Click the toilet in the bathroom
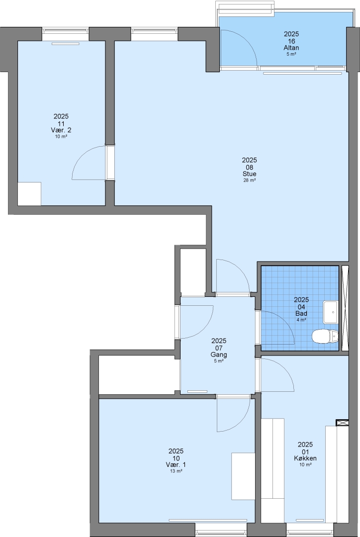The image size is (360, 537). (x=325, y=336)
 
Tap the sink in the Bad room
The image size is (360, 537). (x=331, y=312)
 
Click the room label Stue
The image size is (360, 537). (x=249, y=174)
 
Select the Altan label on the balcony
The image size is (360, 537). (x=291, y=48)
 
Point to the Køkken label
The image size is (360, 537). (x=305, y=458)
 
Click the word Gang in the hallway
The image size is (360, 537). (x=219, y=355)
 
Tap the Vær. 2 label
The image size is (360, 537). (x=61, y=130)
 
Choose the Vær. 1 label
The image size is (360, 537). (x=176, y=465)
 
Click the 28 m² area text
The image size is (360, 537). (x=249, y=180)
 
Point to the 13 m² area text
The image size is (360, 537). (x=176, y=471)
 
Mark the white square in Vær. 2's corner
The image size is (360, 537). (x=29, y=194)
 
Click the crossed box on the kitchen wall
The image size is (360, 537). (x=342, y=423)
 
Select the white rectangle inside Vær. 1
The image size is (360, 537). (x=243, y=476)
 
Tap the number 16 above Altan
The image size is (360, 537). (x=291, y=41)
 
